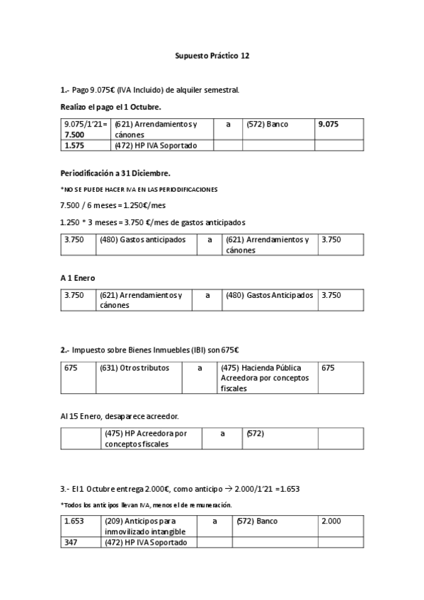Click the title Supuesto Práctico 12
click(x=212, y=54)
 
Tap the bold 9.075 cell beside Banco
click(x=328, y=124)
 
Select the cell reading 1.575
click(x=74, y=146)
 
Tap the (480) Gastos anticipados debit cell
click(x=142, y=240)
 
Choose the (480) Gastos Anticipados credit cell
click(x=269, y=295)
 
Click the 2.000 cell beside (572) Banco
click(x=331, y=521)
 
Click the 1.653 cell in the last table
click(x=74, y=521)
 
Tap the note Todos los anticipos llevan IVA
click(x=147, y=504)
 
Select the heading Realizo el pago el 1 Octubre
click(x=110, y=106)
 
